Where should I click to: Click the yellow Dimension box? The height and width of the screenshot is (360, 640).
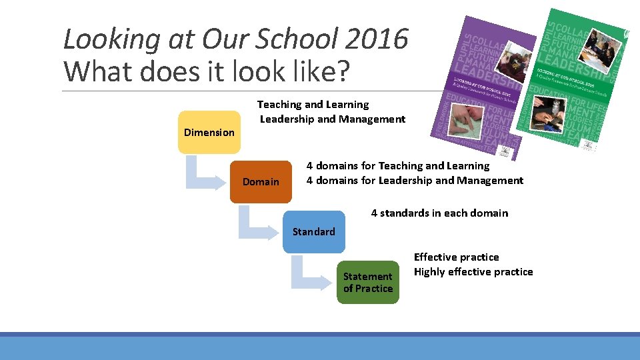pos(209,132)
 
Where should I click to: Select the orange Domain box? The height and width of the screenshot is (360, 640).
pos(261,181)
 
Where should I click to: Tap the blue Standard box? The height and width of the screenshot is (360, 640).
pos(313,231)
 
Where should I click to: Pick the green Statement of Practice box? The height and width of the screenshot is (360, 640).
pos(367,282)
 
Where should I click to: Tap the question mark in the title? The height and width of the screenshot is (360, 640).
pos(341,71)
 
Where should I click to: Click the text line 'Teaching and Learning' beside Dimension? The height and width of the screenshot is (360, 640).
pos(313,105)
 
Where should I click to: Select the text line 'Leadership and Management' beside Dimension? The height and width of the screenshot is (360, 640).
pos(332,119)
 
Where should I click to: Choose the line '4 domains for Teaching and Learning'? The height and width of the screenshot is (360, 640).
pos(397,166)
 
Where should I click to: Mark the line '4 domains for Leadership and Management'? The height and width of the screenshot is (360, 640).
pos(415,181)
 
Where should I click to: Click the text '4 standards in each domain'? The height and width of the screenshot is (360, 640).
pos(439,213)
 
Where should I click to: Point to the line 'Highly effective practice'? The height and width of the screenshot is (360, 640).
pos(473,272)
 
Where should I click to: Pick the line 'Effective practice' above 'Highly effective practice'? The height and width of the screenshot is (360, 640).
pos(456,257)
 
